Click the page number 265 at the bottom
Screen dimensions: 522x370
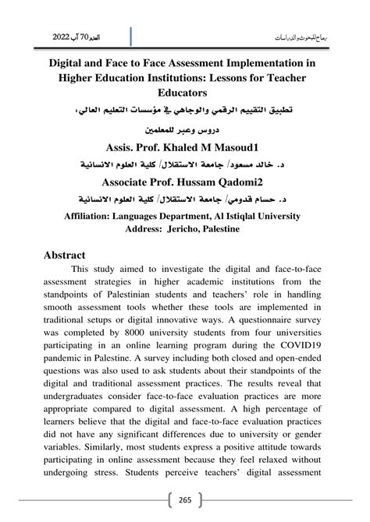(185, 500)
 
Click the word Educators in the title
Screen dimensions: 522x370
(185, 92)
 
